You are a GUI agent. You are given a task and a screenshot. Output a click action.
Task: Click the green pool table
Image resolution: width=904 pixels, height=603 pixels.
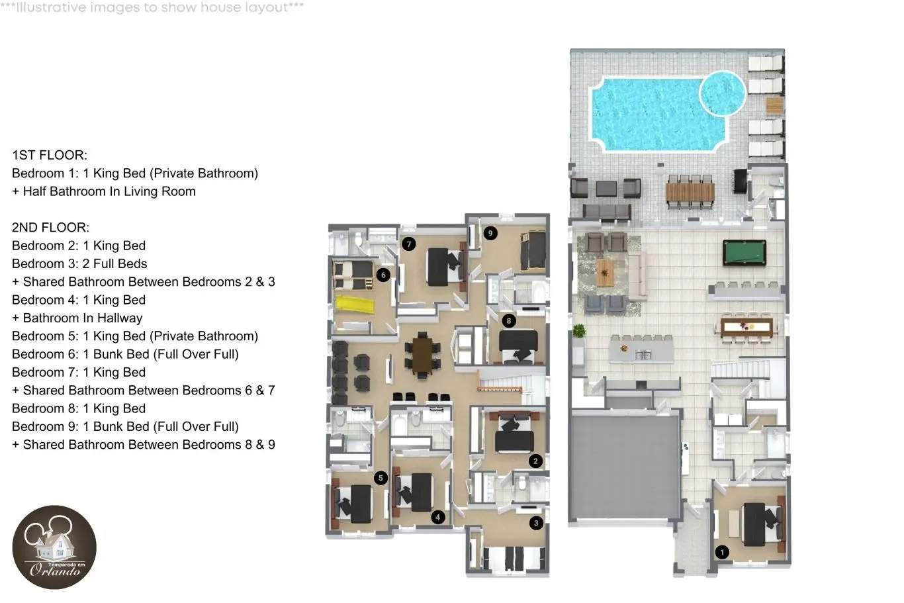tap(745, 253)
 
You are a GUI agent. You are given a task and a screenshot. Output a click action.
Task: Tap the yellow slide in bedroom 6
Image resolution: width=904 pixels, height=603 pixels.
tap(355, 304)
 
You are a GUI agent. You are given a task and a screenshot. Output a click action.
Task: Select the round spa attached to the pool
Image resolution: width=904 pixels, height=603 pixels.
tap(723, 93)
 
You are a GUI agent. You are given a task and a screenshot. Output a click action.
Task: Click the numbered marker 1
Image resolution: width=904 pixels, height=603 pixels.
tap(722, 552)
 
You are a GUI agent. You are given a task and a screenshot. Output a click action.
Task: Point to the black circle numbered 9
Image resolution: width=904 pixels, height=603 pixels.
tap(490, 233)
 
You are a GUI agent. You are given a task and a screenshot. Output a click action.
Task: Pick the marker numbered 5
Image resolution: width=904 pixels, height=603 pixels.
tap(381, 479)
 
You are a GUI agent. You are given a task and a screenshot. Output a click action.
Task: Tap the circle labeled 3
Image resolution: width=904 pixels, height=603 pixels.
tap(536, 524)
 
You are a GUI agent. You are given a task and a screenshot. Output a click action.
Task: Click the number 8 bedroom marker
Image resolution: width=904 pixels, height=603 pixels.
tap(509, 321)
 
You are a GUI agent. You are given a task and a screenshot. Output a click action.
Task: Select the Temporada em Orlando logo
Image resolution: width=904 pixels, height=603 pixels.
tap(54, 547)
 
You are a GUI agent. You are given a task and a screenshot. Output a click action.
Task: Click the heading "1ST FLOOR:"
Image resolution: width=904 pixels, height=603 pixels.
tap(50, 155)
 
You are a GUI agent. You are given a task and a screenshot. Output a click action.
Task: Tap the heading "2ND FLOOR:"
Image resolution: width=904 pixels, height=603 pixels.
tap(50, 227)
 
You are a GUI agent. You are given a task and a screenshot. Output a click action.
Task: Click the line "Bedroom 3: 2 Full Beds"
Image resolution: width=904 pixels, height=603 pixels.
tap(79, 263)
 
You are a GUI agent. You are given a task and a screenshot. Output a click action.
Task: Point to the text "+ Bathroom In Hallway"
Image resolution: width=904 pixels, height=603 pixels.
tap(77, 318)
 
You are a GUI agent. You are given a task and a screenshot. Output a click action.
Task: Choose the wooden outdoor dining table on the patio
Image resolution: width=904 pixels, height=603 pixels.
tap(690, 192)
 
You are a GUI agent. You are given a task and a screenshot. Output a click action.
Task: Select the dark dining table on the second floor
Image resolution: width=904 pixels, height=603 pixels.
tap(422, 355)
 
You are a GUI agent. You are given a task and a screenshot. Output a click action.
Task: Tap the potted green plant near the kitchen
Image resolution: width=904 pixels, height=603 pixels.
tap(578, 331)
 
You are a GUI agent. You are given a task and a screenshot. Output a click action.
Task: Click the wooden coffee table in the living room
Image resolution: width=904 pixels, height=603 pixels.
tap(605, 273)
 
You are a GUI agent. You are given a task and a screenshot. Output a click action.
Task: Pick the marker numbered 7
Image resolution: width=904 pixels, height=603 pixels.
tap(409, 244)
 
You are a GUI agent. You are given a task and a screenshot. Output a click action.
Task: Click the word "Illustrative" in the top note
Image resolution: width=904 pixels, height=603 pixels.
tap(51, 7)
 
